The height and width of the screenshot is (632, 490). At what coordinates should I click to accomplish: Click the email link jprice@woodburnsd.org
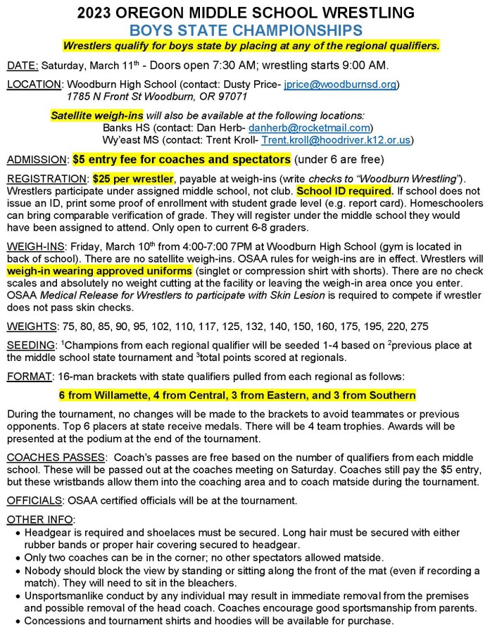341,84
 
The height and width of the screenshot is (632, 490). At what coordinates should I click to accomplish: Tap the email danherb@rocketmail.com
310,128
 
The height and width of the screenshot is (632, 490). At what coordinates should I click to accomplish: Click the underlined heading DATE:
23,66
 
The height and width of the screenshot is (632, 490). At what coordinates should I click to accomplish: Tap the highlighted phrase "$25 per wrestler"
131,179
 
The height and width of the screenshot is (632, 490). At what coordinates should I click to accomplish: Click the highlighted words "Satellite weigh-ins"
96,115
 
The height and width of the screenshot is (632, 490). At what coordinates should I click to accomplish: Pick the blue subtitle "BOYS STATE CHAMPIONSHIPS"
245,30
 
